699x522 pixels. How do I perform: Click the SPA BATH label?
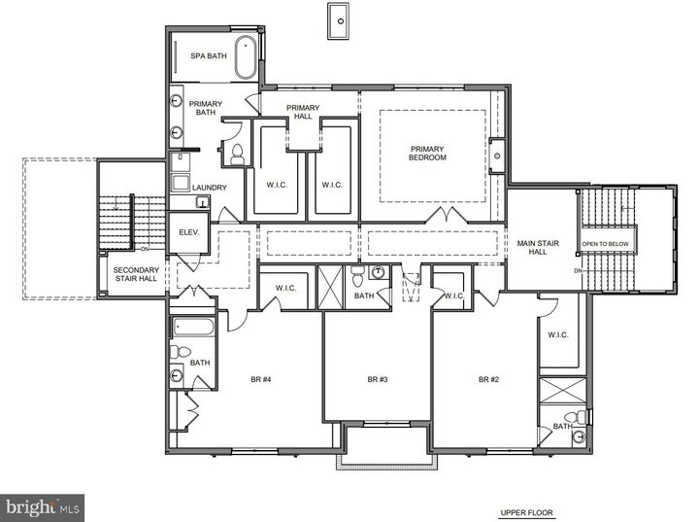209,56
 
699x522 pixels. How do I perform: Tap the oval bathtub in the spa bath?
247,57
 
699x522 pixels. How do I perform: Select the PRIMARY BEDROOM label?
427,153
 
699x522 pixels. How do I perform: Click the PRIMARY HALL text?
303,112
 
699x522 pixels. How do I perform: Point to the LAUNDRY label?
209,188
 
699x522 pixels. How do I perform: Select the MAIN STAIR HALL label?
532,248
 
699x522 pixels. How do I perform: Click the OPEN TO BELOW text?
606,244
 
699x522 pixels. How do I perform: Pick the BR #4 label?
259,379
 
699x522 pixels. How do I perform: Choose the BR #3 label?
378,379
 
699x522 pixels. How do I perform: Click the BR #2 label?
487,379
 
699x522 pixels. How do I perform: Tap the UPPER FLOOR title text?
527,511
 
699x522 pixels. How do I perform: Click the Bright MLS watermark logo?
42,506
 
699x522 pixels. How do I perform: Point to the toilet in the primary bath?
236,153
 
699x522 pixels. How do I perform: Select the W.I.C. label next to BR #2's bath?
557,335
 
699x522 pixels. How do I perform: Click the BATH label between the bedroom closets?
364,296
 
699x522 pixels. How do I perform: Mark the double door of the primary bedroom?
444,214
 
